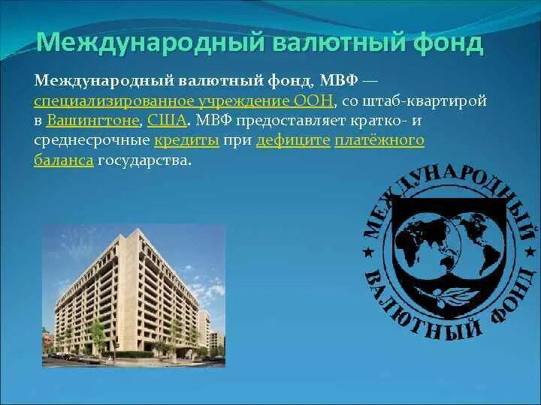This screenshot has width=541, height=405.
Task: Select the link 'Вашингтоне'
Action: [94, 120]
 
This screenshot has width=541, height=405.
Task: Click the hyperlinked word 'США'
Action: [166, 120]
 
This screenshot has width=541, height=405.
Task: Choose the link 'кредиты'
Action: [186, 140]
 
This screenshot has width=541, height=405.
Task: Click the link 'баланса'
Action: [63, 160]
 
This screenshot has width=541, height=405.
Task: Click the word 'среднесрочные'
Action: [91, 140]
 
